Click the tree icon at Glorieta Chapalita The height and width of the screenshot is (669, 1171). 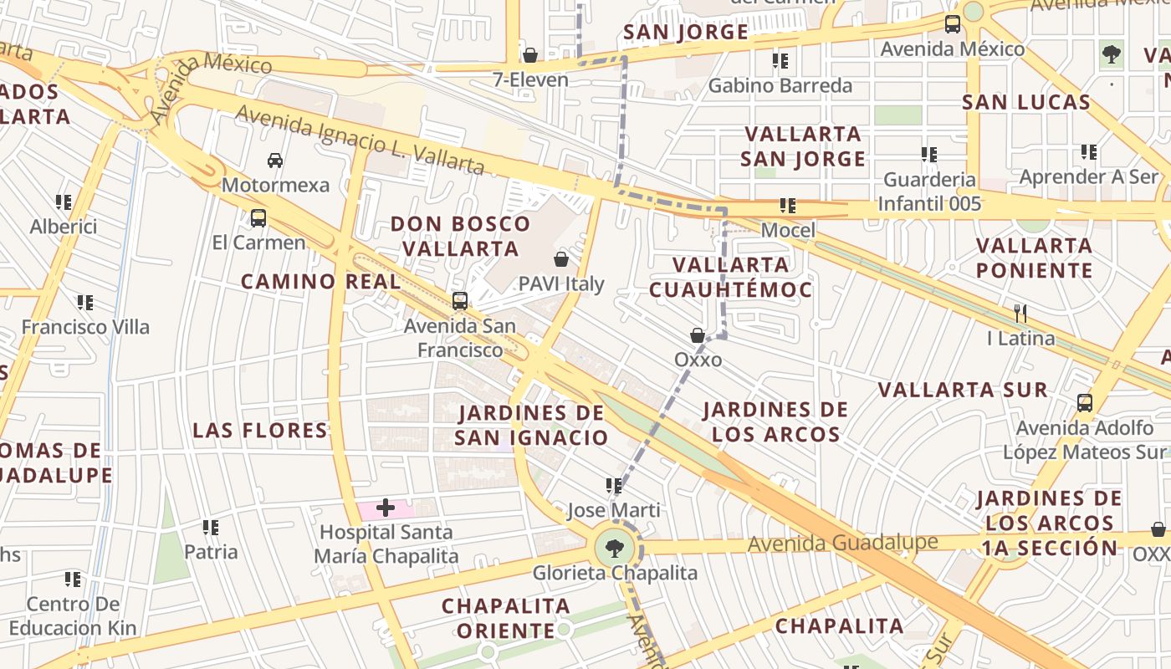tap(615, 549)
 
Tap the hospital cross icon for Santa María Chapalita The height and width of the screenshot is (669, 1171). tap(386, 508)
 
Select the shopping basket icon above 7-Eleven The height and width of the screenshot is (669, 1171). tap(529, 56)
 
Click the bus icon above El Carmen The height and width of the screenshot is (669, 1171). tap(258, 218)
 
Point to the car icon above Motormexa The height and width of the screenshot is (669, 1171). tap(275, 160)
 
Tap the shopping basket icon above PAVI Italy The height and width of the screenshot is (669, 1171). tap(561, 259)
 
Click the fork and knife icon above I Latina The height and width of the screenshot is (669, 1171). tap(1020, 314)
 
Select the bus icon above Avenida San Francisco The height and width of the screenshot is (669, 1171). tap(459, 301)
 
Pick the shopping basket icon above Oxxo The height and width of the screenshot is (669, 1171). tap(697, 335)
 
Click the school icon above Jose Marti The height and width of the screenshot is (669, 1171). tap(614, 485)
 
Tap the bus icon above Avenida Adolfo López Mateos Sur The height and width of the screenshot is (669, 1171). tap(1084, 403)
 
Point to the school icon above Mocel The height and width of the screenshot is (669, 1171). tap(787, 205)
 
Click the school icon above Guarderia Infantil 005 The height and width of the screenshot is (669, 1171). tap(929, 155)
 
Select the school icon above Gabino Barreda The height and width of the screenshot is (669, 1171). tap(780, 60)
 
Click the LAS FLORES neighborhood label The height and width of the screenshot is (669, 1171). tap(260, 431)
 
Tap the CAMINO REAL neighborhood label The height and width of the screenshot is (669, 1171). tap(321, 282)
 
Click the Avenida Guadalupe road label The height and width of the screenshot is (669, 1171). tap(842, 544)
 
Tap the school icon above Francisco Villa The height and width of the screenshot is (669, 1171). tap(85, 302)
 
